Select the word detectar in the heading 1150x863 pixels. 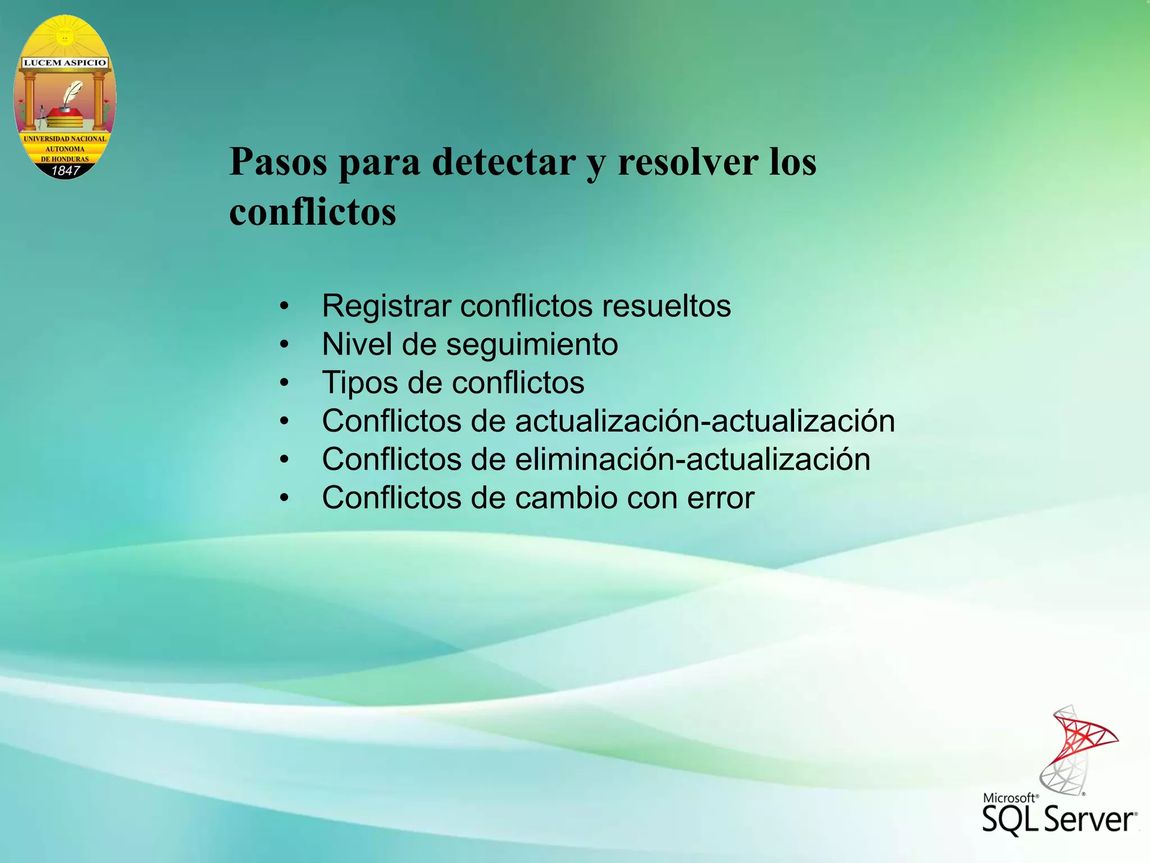504,162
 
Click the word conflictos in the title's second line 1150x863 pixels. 312,212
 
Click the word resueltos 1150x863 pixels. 667,306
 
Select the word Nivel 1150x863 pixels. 357,344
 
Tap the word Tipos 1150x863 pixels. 359,383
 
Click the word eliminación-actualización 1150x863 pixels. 692,460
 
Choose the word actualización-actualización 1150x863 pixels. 705,421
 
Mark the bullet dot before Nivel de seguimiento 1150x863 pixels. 285,344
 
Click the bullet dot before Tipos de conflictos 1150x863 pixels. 285,383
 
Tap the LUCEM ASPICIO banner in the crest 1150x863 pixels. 65,62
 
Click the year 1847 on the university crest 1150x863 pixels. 66,170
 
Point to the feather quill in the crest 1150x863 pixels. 72,93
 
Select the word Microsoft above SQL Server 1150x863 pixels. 1009,798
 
